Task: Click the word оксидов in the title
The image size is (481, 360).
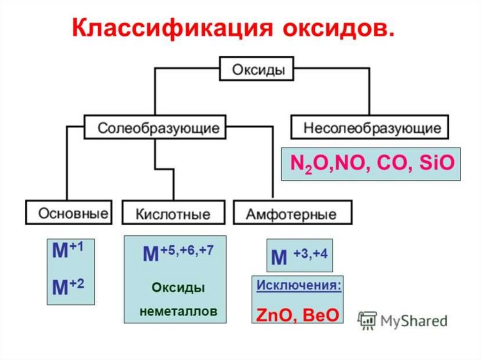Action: (338, 29)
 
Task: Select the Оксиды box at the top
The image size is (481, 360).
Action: (258, 69)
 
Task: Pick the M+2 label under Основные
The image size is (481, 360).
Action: (68, 286)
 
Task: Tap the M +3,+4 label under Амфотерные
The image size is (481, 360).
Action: (299, 257)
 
